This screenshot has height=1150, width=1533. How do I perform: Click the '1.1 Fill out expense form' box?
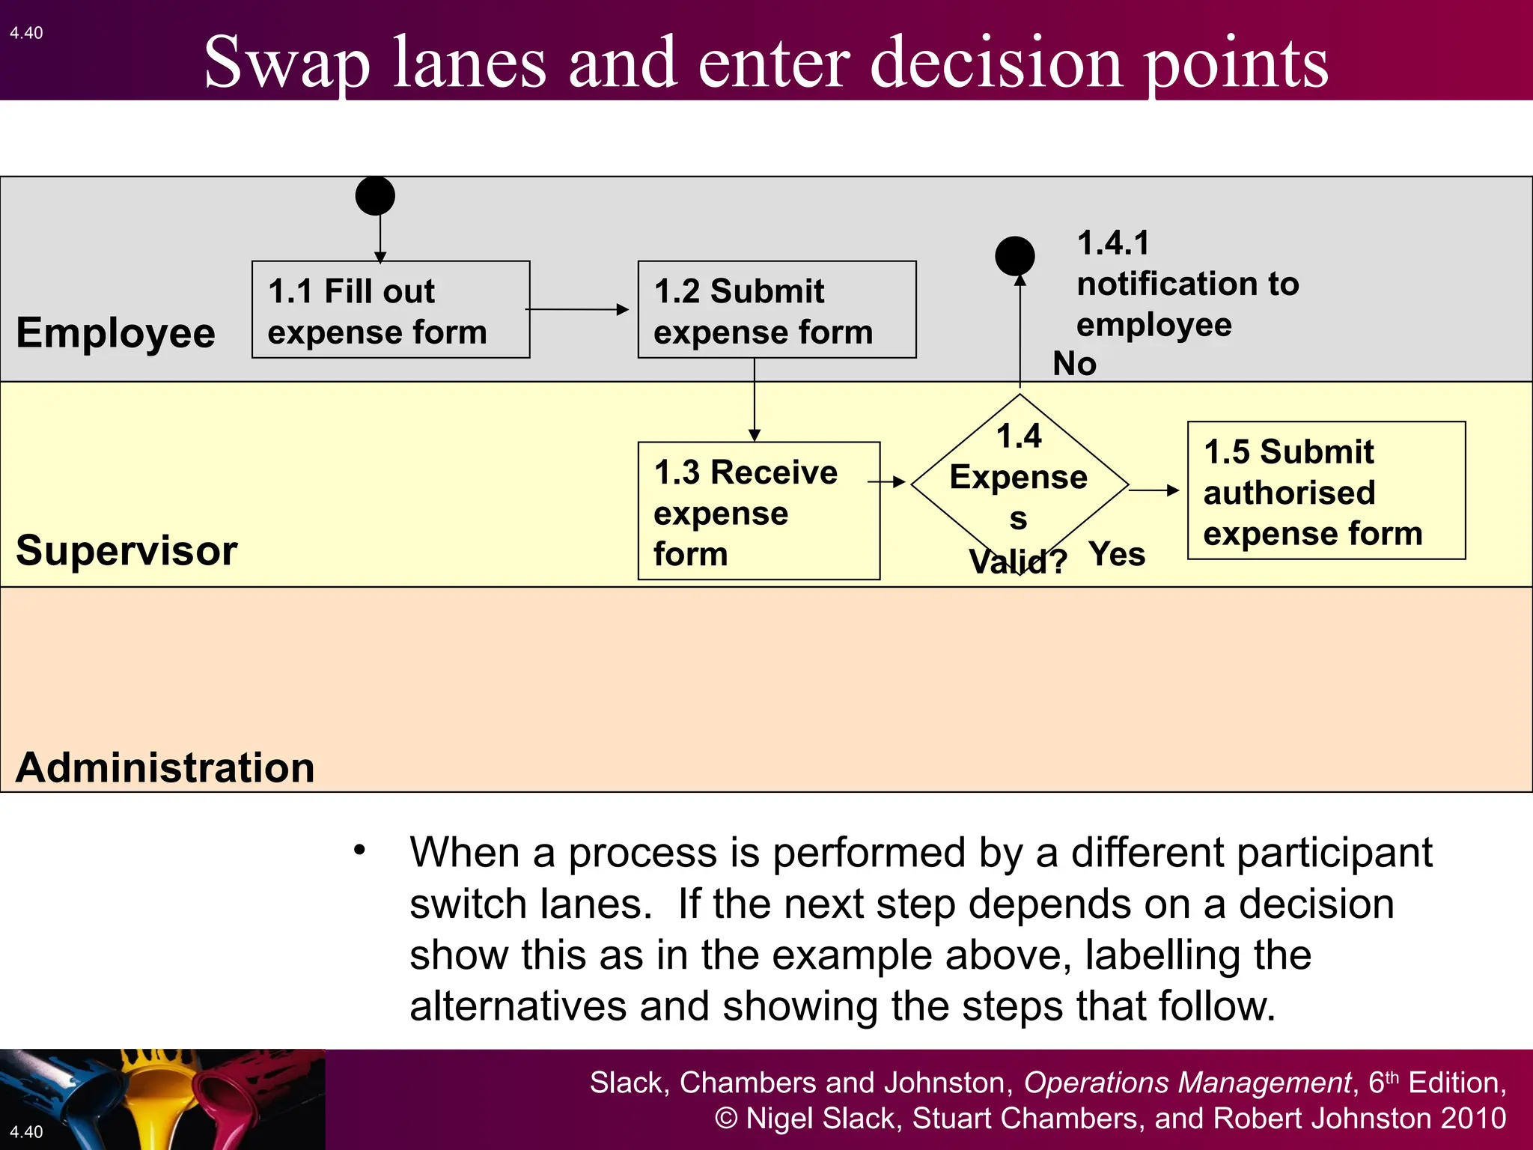click(391, 309)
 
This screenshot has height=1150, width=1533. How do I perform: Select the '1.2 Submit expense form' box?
click(776, 309)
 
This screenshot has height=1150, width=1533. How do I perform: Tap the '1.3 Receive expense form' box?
click(758, 511)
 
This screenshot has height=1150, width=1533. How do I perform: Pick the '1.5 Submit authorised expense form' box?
click(1326, 490)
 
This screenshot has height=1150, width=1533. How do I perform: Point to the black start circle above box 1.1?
click(375, 196)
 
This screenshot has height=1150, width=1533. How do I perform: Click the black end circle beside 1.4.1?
click(1014, 256)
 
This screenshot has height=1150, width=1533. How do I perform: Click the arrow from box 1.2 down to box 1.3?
click(755, 400)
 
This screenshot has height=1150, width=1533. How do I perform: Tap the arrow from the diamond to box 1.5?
click(1153, 490)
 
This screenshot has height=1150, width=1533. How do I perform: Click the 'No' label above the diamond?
click(1074, 364)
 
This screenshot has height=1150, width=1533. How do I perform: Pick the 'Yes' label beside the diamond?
click(1117, 555)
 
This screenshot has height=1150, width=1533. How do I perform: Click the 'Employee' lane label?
click(115, 333)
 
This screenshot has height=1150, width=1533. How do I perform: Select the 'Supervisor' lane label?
click(127, 551)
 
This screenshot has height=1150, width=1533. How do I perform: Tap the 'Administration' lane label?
click(165, 768)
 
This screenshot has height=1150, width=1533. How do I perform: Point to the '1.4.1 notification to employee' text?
click(1187, 284)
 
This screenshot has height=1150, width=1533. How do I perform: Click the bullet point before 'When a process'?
click(360, 850)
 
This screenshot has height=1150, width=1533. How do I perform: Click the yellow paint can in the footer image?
click(161, 1101)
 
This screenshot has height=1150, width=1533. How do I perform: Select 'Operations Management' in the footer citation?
click(1187, 1083)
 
